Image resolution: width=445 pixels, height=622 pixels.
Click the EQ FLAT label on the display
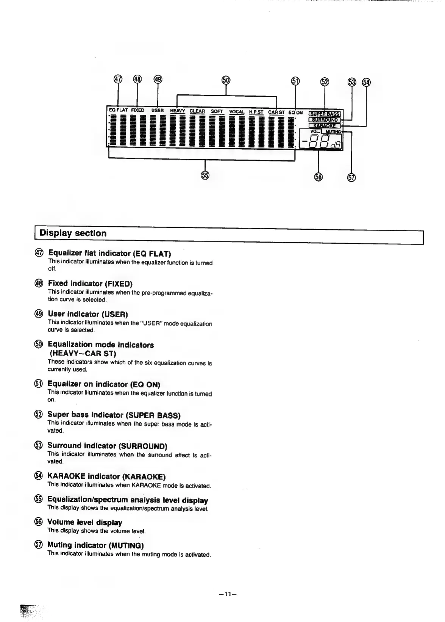point(119,110)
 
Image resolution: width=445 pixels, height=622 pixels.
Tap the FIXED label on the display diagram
point(137,110)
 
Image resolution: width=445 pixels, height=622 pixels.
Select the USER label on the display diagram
point(158,111)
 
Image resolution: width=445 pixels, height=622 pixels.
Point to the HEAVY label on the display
point(177,111)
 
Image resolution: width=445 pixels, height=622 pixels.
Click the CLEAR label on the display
point(197,111)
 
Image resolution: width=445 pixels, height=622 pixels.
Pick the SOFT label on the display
point(217,111)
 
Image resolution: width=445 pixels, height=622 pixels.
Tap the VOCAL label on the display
point(237,112)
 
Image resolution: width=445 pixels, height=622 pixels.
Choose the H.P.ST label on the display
point(256,112)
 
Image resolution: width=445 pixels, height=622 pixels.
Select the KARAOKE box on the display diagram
point(325,125)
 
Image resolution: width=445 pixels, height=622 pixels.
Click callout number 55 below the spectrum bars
point(205,175)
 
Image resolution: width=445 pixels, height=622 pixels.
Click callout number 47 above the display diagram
point(118,79)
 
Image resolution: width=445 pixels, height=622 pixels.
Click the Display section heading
point(73,233)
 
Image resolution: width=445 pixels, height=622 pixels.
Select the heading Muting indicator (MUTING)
point(95,545)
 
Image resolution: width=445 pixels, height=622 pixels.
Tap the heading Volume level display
point(85,522)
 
